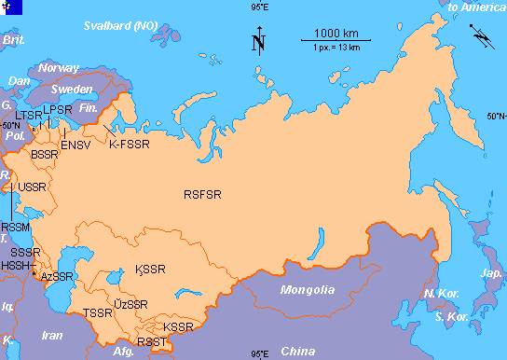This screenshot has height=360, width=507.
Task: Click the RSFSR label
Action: [x=202, y=194]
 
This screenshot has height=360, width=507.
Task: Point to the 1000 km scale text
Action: [x=335, y=35]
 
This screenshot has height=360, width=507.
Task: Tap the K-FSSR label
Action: [x=130, y=145]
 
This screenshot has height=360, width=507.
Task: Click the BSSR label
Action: [x=44, y=154]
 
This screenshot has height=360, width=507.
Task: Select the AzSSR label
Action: [x=57, y=277]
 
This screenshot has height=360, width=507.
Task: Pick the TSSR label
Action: [x=97, y=313]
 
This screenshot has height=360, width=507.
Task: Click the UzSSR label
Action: [x=130, y=305]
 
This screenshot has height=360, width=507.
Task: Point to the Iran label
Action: [x=53, y=335]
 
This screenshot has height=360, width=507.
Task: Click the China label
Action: [x=299, y=351]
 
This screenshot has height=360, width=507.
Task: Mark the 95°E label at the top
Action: [x=260, y=7]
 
